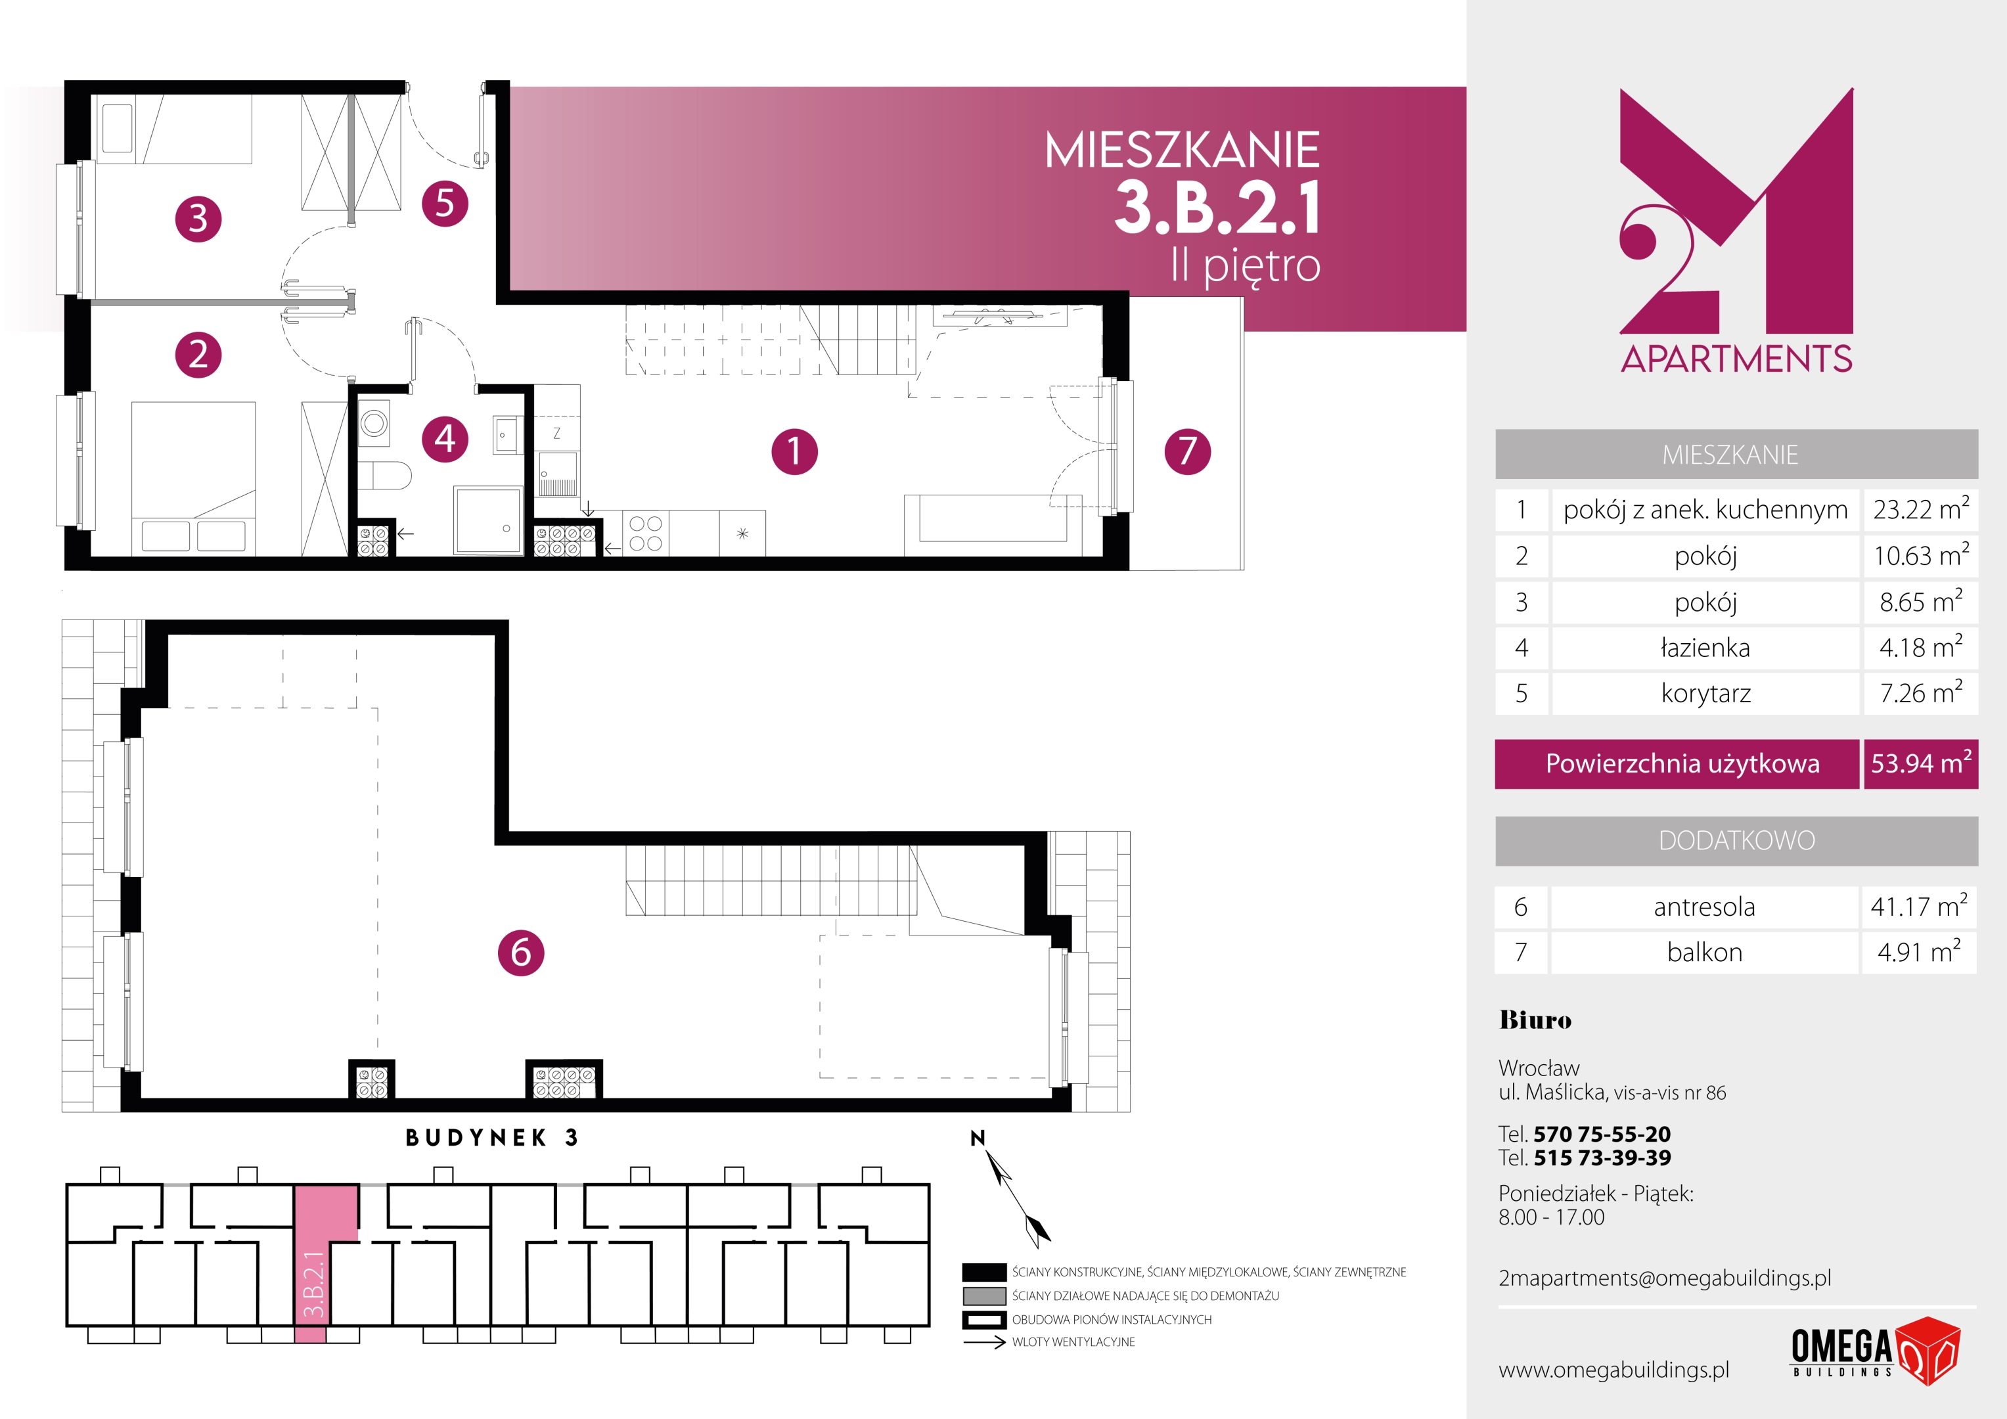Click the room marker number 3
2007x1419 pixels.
point(198,219)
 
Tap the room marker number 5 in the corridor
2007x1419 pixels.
point(445,204)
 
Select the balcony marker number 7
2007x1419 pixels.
point(1187,451)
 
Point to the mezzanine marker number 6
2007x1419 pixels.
point(521,952)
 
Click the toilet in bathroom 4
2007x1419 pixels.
point(384,476)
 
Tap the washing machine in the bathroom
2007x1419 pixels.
point(374,424)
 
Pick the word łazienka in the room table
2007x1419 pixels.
point(1705,648)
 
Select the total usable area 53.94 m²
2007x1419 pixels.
point(1920,763)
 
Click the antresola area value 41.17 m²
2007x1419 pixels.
point(1919,906)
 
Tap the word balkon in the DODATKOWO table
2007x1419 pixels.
point(1705,952)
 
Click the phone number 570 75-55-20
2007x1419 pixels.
point(1602,1134)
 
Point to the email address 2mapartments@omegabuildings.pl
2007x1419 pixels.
point(1664,1278)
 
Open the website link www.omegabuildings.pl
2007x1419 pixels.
point(1613,1370)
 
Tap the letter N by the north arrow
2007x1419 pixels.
point(978,1137)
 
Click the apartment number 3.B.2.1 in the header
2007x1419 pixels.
point(1217,208)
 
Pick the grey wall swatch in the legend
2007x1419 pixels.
point(984,1295)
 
